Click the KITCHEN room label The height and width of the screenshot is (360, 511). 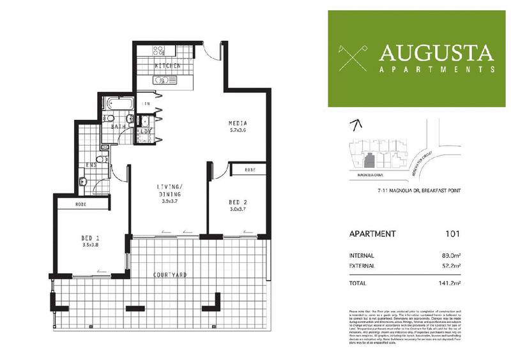(x=167, y=66)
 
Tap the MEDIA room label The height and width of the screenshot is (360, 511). (x=238, y=123)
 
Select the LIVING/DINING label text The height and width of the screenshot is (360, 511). (x=171, y=190)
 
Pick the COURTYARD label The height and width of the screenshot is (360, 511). (x=169, y=274)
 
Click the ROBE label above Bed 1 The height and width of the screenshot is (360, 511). (x=81, y=205)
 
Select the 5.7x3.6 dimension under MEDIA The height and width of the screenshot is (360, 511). (x=238, y=130)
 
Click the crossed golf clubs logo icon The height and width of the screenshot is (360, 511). (x=352, y=57)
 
